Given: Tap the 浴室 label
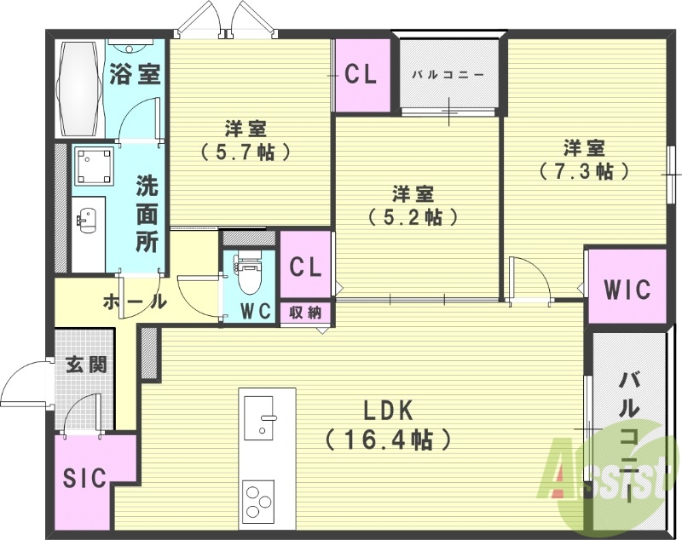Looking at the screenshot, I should [135, 74].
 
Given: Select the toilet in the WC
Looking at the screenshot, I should [248, 272].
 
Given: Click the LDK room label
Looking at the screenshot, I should [388, 411].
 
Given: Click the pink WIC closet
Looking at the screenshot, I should [627, 288].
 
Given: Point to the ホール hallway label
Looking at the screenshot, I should [134, 301].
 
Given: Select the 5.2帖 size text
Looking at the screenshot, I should [413, 216].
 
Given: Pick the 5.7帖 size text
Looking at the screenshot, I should [246, 153].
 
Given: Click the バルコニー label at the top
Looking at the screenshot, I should [448, 74].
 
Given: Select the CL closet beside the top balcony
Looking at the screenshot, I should [361, 75].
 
